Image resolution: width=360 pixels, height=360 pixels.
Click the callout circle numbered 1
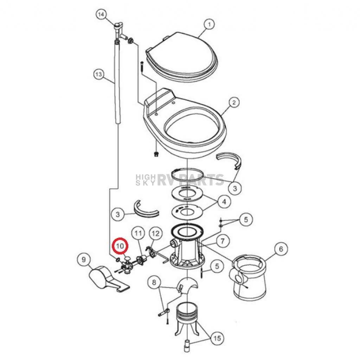click(x=209, y=25)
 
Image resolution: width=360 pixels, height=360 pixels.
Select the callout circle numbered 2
click(x=234, y=102)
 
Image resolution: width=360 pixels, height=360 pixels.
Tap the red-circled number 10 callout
click(x=120, y=246)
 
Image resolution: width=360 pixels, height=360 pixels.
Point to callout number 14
click(x=101, y=15)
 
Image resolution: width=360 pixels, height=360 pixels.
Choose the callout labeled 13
click(x=99, y=75)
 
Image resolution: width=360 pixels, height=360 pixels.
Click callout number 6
click(x=281, y=249)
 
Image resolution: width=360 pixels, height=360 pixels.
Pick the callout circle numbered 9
click(x=84, y=260)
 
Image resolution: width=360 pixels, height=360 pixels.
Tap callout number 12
click(x=155, y=233)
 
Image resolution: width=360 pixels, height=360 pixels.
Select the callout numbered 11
click(x=138, y=234)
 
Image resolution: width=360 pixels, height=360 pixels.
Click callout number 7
click(x=222, y=241)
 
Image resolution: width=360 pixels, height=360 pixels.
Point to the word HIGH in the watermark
click(x=146, y=177)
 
